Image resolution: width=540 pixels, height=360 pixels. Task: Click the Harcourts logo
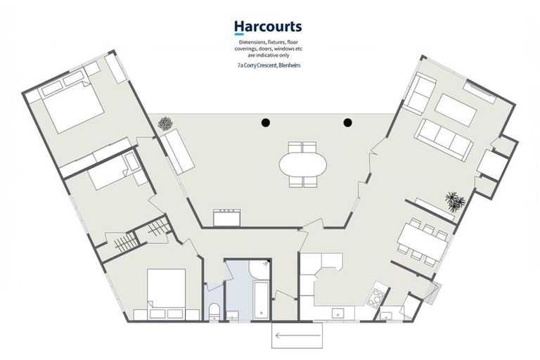click(268, 27)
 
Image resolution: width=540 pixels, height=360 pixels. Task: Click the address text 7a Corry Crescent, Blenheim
click(269, 65)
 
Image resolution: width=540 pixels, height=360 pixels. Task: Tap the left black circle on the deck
click(265, 122)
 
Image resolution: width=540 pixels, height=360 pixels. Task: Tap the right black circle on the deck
click(348, 122)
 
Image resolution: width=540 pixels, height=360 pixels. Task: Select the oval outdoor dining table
click(303, 165)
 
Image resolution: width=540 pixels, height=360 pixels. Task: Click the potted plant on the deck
click(165, 123)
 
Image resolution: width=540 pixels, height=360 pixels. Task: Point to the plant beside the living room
click(456, 202)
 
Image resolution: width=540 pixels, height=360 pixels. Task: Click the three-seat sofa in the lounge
click(443, 139)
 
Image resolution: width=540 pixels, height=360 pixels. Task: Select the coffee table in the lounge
click(456, 110)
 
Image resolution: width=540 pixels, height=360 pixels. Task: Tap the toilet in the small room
click(214, 311)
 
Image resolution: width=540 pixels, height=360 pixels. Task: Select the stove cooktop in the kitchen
click(375, 297)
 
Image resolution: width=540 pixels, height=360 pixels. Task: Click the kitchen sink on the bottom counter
click(337, 313)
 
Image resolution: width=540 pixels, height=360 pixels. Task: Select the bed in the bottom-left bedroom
click(167, 293)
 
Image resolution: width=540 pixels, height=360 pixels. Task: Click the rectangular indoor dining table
click(423, 242)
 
